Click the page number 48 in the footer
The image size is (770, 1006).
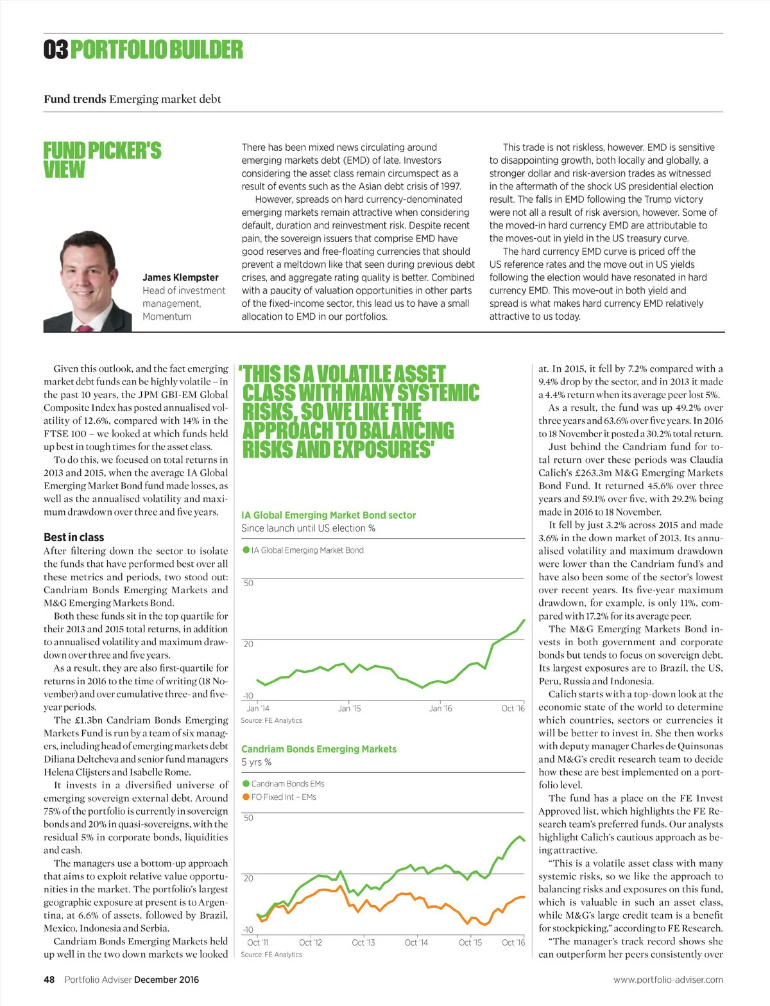point(49,980)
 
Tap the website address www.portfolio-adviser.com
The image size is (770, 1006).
point(668,980)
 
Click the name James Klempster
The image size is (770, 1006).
point(180,277)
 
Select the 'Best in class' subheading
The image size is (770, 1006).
point(74,537)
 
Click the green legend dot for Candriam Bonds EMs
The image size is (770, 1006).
point(246,784)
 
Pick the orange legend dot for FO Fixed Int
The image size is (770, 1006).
point(246,797)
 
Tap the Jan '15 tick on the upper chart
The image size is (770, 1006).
point(349,708)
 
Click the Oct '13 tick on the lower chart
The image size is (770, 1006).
point(363,942)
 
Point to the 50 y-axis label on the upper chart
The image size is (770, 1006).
point(248,583)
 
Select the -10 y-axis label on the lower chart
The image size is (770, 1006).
point(248,930)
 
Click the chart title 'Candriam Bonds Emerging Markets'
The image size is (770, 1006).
point(319,749)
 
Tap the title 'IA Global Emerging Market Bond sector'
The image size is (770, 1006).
point(329,515)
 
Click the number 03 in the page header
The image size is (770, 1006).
point(55,50)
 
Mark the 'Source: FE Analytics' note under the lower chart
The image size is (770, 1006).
point(271,955)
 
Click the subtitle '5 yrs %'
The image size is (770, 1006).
point(256,762)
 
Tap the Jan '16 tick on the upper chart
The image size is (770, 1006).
point(440,708)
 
